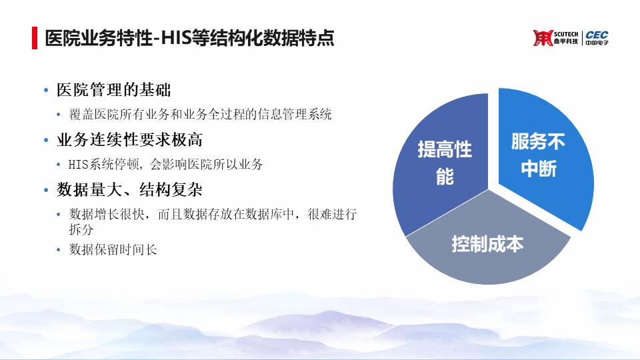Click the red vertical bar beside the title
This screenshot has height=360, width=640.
pos(35,38)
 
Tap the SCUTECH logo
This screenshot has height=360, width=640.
pos(555,38)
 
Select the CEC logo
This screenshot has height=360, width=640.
pos(597,38)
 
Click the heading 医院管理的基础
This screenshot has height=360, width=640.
pos(114,90)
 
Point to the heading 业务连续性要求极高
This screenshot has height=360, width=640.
pos(130,140)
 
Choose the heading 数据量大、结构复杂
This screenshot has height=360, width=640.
pos(130,190)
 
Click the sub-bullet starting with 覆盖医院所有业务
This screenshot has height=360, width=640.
pos(200,114)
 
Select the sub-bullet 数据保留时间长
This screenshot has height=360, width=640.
pos(113,249)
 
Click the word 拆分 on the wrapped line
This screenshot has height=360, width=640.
pos(81,229)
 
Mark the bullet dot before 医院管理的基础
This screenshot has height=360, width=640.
pos(46,90)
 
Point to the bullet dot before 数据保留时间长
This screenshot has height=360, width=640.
pos(59,250)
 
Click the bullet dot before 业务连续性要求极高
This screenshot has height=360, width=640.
pos(46,141)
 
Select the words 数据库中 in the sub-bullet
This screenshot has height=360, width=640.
pos(269,214)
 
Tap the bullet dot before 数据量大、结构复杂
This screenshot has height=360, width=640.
pos(46,190)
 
